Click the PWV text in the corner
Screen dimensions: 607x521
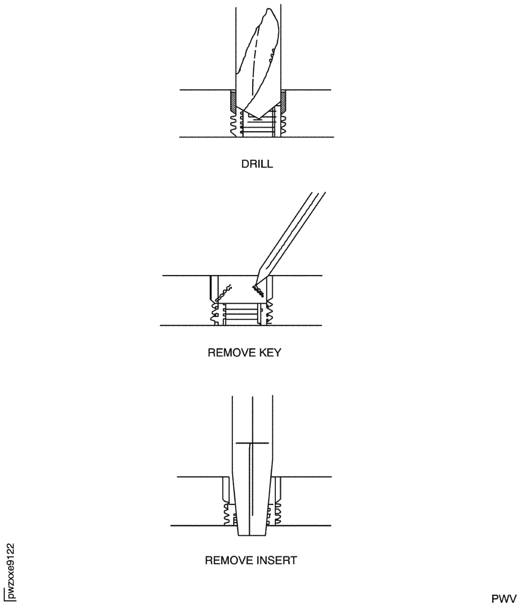pos(504,598)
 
